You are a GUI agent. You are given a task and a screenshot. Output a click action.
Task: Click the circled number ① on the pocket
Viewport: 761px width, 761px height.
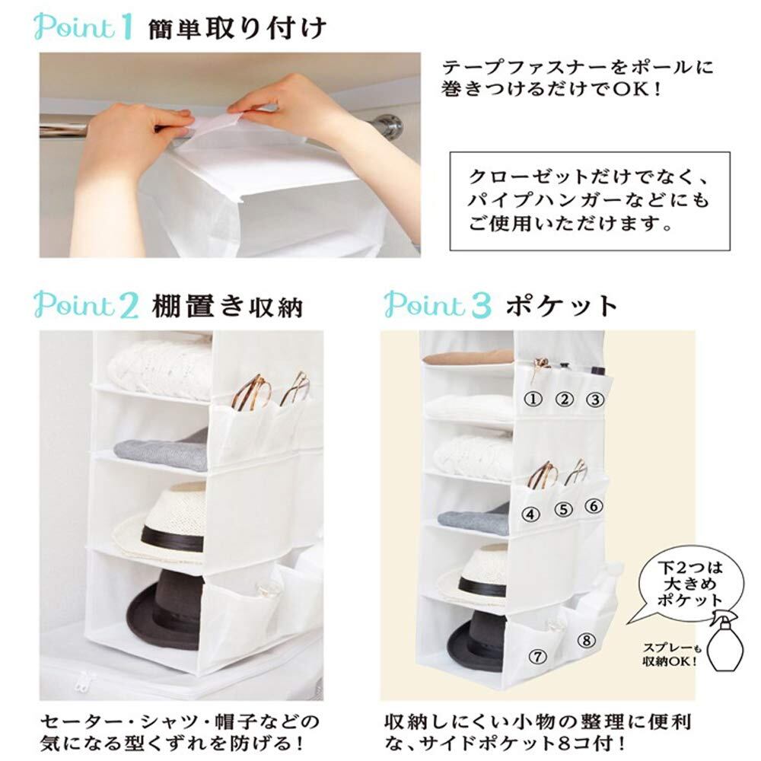[x=533, y=399]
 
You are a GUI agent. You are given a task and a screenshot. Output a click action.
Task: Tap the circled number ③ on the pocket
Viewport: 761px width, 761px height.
[x=594, y=400]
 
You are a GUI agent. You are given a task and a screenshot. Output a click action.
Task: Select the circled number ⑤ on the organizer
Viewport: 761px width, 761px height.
[x=563, y=510]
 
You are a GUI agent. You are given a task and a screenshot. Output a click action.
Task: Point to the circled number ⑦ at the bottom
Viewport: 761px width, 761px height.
[x=537, y=657]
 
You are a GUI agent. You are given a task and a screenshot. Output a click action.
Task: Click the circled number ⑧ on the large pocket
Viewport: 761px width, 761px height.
[x=586, y=640]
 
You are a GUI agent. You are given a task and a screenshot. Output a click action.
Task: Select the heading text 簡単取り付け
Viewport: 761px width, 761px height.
[x=237, y=29]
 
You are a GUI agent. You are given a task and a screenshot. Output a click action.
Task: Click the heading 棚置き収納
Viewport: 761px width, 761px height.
[x=227, y=307]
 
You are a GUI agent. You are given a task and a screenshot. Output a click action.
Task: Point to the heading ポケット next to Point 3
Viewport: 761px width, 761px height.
[x=562, y=306]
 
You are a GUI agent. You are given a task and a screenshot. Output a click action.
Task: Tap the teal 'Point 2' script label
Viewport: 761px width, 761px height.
[x=87, y=305]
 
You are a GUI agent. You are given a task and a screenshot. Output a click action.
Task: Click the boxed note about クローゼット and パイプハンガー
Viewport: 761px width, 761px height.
[x=590, y=201]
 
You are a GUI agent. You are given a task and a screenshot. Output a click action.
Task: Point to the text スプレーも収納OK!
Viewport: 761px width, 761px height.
[x=672, y=654]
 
